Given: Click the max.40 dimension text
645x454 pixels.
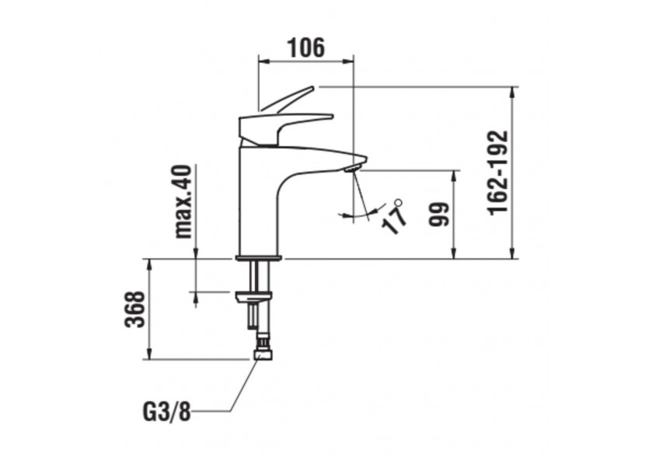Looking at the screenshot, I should pos(183,201).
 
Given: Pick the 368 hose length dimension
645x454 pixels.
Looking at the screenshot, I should pos(134,309).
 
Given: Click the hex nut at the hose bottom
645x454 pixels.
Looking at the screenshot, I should pos(263,354).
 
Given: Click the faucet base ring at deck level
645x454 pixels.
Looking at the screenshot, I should pos(259,256).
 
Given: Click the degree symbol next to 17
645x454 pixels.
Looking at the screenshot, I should pos(399,202).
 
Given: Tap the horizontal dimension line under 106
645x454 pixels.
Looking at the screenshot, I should pos(305,60).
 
